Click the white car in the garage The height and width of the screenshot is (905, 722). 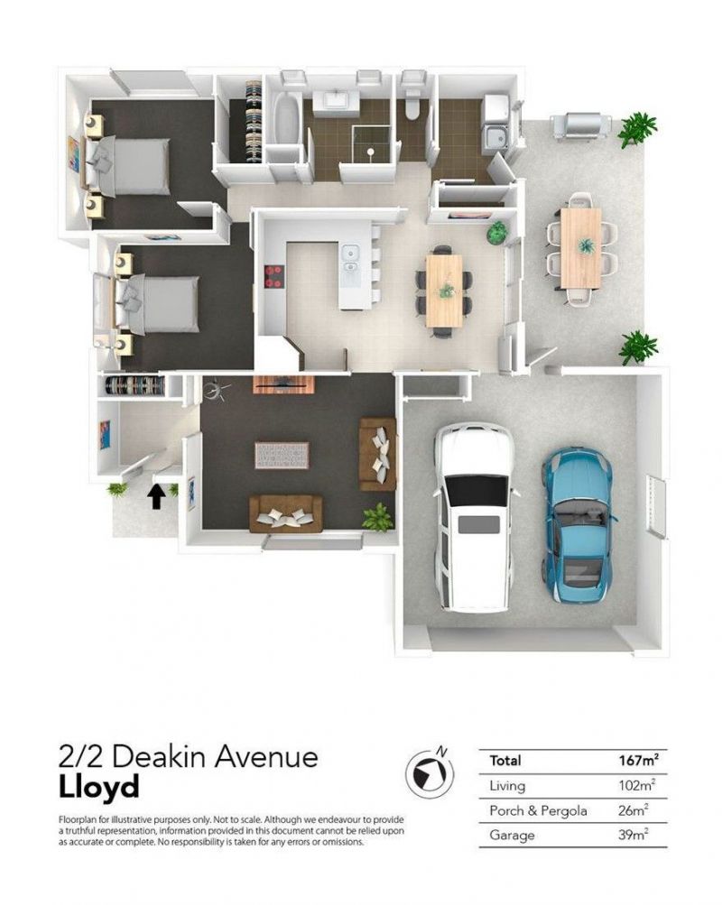tap(473, 517)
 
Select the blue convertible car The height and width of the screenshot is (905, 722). tap(578, 524)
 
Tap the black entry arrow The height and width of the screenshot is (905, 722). tap(156, 496)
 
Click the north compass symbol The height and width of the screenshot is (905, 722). tap(429, 771)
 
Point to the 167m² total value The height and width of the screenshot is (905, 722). tap(639, 760)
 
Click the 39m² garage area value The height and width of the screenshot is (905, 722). tap(634, 835)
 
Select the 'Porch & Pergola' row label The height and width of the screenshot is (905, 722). tap(538, 811)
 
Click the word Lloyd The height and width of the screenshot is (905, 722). tap(99, 787)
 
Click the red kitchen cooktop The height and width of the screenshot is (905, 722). tap(273, 276)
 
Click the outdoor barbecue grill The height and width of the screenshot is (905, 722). tap(580, 125)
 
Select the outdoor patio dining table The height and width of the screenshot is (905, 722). tap(580, 249)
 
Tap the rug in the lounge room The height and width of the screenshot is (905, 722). tap(282, 456)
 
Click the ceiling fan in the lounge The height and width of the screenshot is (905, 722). tap(217, 391)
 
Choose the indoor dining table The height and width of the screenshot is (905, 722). tap(444, 291)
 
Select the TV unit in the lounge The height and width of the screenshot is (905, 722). tap(283, 384)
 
